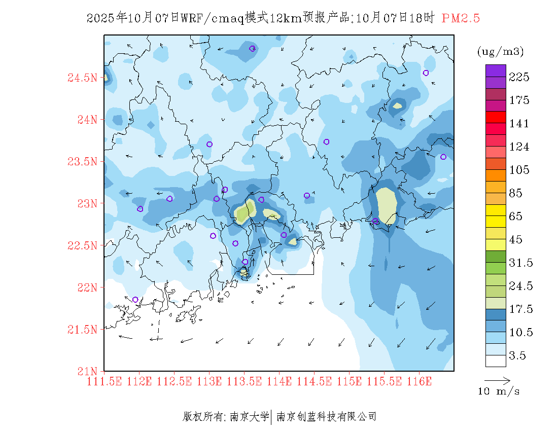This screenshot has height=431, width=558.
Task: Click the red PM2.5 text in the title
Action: tap(461, 18)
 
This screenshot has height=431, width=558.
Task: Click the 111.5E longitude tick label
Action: tap(104, 381)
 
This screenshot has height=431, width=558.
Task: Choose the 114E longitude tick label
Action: tap(278, 381)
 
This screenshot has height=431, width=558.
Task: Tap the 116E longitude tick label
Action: tap(418, 381)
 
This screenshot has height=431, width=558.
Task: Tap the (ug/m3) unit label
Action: tap(500, 52)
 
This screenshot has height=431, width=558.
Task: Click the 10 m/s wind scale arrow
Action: tap(497, 379)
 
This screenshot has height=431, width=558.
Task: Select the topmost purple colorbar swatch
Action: tap(496, 70)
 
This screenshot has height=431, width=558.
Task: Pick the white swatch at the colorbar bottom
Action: tap(496, 361)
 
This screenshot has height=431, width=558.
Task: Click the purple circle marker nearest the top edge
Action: tap(252, 49)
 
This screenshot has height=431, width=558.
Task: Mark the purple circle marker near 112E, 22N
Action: tap(135, 300)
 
